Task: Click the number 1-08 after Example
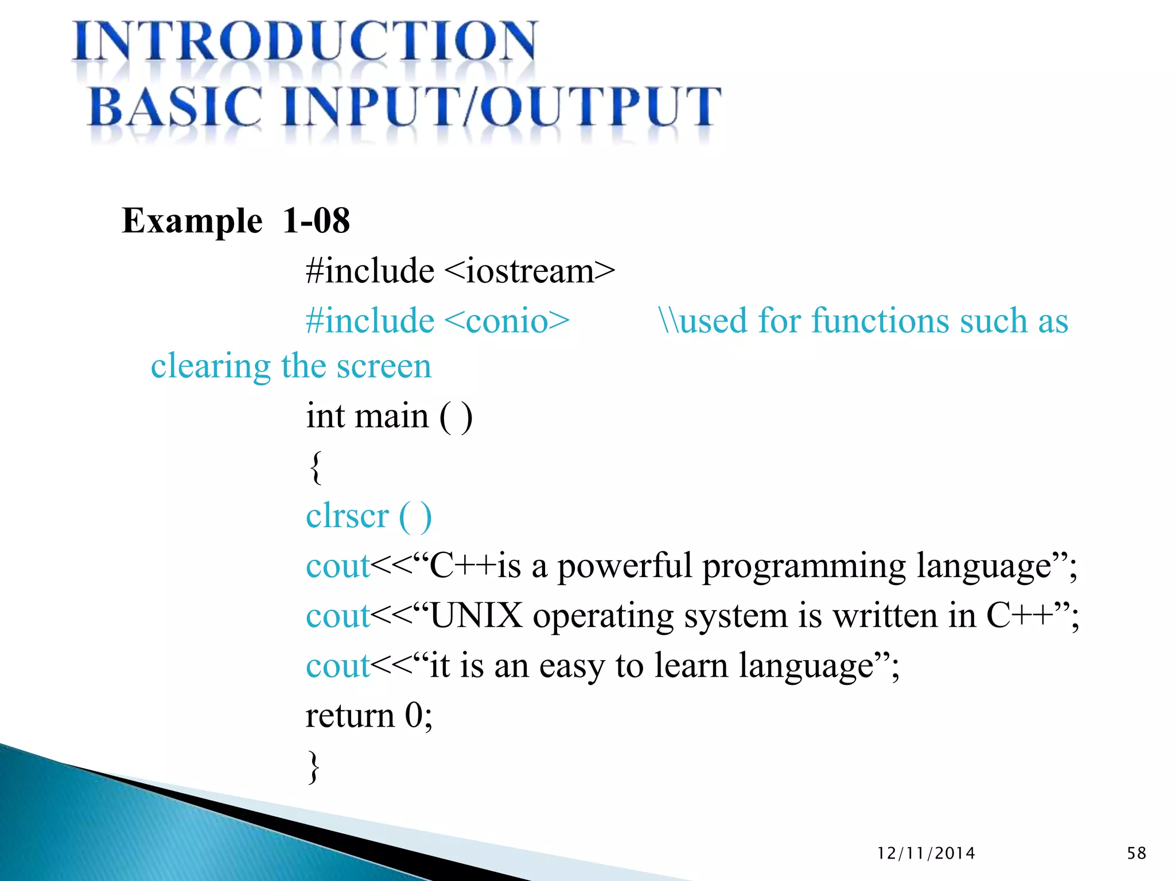pyautogui.click(x=316, y=221)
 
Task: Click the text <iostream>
pyautogui.click(x=529, y=271)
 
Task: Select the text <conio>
pyautogui.click(x=507, y=321)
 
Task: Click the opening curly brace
pyautogui.click(x=315, y=467)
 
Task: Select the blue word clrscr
pyautogui.click(x=347, y=516)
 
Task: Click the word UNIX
pyautogui.click(x=476, y=616)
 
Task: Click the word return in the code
pyautogui.click(x=350, y=716)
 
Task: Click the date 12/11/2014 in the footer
pyautogui.click(x=926, y=853)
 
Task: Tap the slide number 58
pyautogui.click(x=1136, y=853)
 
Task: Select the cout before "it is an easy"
pyautogui.click(x=338, y=666)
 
